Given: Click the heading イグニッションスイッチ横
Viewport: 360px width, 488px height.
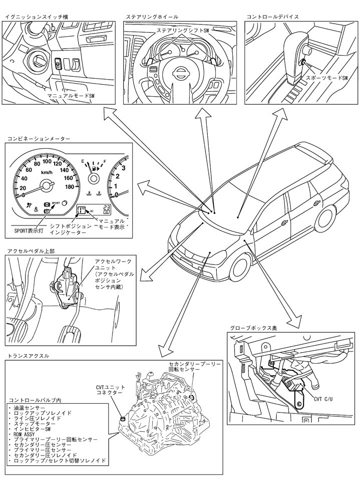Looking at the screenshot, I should coord(36,17).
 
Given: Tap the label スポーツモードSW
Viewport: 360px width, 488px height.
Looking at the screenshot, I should coord(326,78).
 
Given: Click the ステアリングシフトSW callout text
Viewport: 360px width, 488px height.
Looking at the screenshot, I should coord(182,31).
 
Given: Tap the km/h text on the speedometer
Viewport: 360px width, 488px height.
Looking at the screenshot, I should coord(48,172).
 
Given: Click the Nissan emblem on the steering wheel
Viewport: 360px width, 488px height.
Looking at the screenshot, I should coord(178,73).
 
